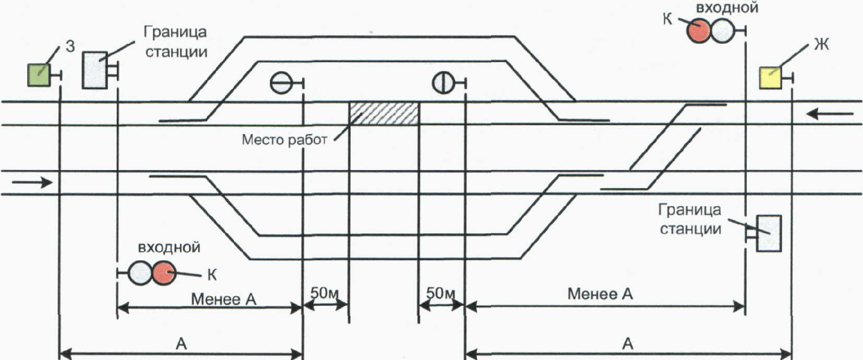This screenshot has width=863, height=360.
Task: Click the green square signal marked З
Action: pyautogui.click(x=38, y=75)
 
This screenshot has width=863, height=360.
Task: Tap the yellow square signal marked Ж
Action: pyautogui.click(x=770, y=79)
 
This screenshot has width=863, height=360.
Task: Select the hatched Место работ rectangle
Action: pyautogui.click(x=383, y=113)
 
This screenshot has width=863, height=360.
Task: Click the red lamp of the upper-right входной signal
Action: pyautogui.click(x=698, y=31)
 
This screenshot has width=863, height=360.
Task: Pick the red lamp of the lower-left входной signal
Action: pyautogui.click(x=164, y=273)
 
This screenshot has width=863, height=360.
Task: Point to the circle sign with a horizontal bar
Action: pyautogui.click(x=281, y=82)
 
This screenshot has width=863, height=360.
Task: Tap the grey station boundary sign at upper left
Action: pyautogui.click(x=95, y=69)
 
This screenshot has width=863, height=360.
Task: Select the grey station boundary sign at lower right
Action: pyautogui.click(x=769, y=233)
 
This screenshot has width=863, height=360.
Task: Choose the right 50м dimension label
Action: pyautogui.click(x=441, y=293)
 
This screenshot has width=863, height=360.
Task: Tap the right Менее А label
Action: pyautogui.click(x=600, y=294)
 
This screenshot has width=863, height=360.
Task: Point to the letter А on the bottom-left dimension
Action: pyautogui.click(x=181, y=343)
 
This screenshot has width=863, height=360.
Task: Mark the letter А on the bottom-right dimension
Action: pyautogui.click(x=628, y=343)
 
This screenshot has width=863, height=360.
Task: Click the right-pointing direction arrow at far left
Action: pyautogui.click(x=32, y=182)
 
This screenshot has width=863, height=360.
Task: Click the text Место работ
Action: pyautogui.click(x=284, y=140)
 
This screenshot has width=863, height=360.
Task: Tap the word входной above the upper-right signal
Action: pyautogui.click(x=726, y=8)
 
